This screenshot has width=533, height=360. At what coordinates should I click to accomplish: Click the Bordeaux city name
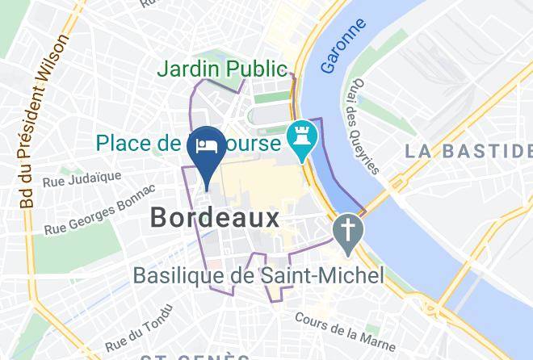click(x=215, y=216)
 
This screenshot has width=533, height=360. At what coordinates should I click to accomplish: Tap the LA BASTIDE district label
click(x=469, y=150)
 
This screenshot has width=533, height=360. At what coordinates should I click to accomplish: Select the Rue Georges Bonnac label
click(x=99, y=210)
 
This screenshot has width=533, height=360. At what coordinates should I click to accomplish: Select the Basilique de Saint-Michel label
click(x=258, y=275)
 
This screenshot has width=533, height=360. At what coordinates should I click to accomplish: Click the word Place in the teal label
click(x=126, y=144)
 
